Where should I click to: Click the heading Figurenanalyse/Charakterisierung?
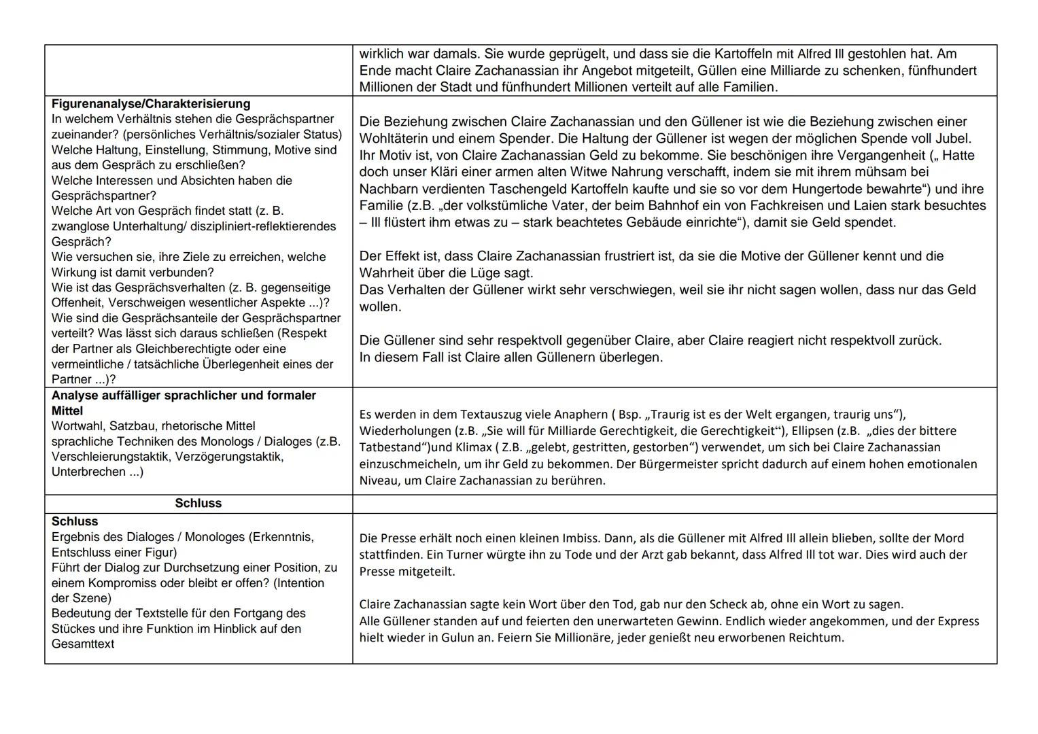[151, 104]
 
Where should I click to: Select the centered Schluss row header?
[198, 503]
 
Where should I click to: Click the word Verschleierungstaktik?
[109, 457]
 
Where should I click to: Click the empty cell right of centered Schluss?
[674, 504]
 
